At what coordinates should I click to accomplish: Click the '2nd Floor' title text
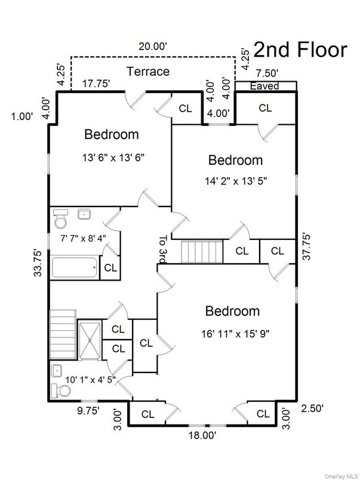(x=300, y=50)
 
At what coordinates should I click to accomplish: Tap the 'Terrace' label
(x=148, y=72)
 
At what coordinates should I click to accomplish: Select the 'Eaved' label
(x=264, y=87)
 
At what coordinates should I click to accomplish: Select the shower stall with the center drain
(x=90, y=339)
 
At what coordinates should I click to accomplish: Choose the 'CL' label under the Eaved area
(x=265, y=108)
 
